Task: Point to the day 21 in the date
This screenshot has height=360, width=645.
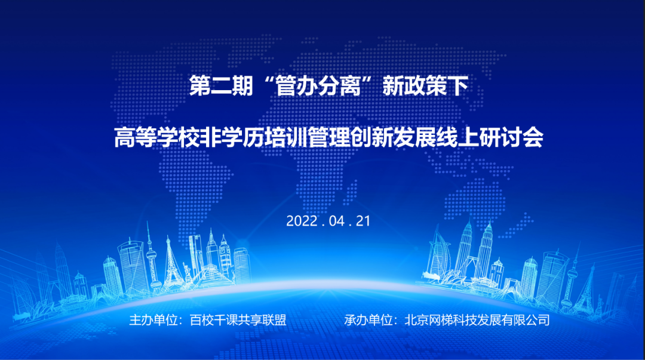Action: click(364, 221)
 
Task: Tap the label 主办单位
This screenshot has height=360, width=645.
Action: click(152, 320)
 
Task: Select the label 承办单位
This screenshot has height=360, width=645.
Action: click(367, 320)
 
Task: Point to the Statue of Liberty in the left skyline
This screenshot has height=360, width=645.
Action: click(186, 269)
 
